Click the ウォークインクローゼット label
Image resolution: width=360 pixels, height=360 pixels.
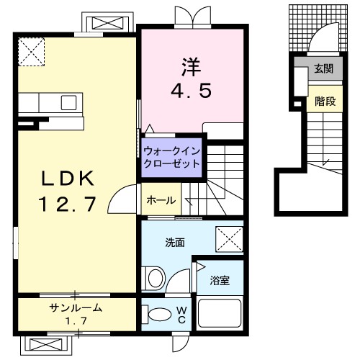(171, 157)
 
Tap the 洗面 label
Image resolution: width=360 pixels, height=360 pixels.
(175, 243)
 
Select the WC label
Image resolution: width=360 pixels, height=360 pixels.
(182, 314)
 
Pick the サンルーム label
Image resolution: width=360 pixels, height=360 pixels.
(75, 307)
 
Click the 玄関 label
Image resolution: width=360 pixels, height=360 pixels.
(323, 70)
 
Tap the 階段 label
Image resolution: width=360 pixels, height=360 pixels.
(325, 102)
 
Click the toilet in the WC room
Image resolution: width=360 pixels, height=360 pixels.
(156, 314)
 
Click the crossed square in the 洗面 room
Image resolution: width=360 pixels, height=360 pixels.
(230, 238)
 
